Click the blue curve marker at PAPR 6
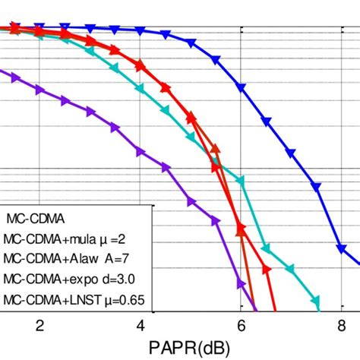[242, 88]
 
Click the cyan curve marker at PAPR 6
[242, 182]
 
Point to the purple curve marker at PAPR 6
[242, 285]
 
